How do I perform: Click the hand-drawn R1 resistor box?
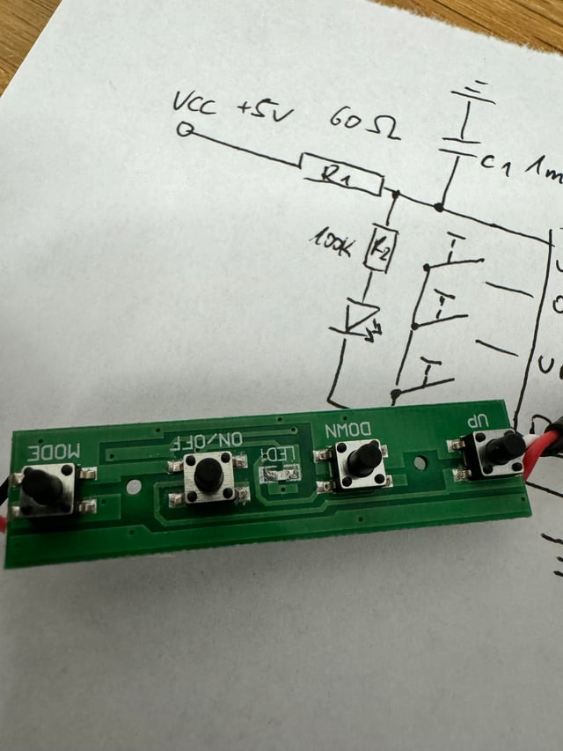(341, 173)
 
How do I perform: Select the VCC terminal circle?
(186, 131)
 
